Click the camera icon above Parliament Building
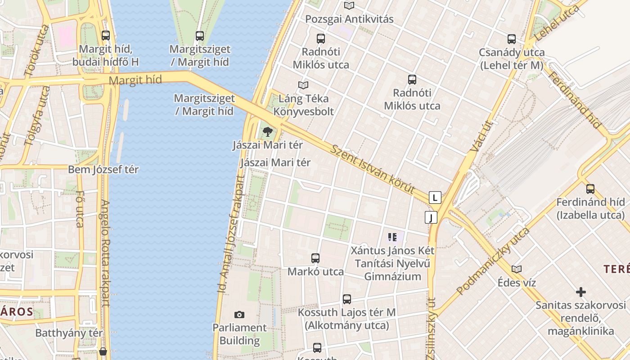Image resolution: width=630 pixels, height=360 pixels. (x=239, y=315)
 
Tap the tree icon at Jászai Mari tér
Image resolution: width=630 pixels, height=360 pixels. (x=268, y=132)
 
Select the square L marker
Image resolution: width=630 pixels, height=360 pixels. (x=435, y=198)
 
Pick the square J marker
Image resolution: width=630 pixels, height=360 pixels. (x=431, y=218)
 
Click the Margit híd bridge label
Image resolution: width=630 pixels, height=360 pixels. (x=135, y=81)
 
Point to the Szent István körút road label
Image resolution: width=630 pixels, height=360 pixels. (x=372, y=169)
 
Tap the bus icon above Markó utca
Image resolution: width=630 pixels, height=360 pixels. (x=315, y=258)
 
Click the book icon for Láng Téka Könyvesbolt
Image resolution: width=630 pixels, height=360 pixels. (x=304, y=85)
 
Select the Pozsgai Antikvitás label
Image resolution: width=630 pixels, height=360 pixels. (x=349, y=19)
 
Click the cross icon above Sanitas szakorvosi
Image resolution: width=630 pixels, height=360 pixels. (x=580, y=292)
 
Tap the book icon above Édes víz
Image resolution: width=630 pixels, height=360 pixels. (x=517, y=269)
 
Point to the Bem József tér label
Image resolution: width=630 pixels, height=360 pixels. (x=103, y=170)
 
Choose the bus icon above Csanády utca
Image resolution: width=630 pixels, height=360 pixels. (x=512, y=39)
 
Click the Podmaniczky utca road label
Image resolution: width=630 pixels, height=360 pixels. (x=493, y=261)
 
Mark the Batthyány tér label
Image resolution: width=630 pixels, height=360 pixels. (x=69, y=333)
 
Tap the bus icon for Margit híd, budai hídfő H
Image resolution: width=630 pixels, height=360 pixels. (x=106, y=35)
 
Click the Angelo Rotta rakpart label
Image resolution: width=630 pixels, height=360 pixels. (x=105, y=253)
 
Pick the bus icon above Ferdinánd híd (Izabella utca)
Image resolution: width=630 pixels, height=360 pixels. (x=590, y=189)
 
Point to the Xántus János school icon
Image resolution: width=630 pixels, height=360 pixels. (x=392, y=237)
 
